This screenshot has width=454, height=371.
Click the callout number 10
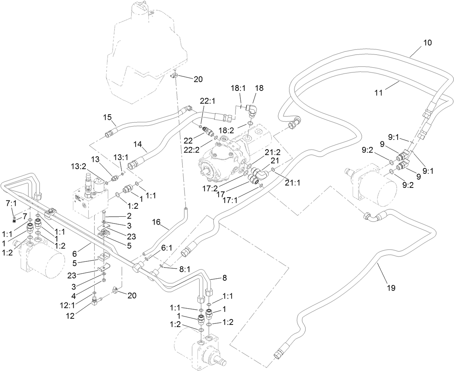tap(427, 43)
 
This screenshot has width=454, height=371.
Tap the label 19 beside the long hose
tap(391, 288)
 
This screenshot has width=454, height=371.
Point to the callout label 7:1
tap(11, 204)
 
